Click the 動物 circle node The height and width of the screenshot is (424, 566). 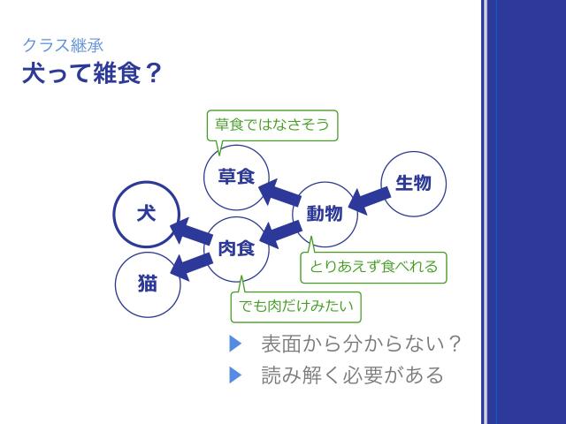tap(325, 214)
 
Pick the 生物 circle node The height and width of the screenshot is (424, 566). tap(413, 183)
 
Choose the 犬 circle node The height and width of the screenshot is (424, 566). tap(148, 215)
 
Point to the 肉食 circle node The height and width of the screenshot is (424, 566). tap(236, 248)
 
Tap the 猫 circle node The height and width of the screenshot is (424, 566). tap(147, 284)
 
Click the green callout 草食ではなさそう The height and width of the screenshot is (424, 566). tap(273, 125)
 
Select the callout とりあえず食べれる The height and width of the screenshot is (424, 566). tap(373, 265)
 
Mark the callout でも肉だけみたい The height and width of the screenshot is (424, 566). tap(296, 307)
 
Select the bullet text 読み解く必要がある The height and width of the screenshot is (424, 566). tap(353, 375)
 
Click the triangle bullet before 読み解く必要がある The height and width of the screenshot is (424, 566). tap(235, 375)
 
